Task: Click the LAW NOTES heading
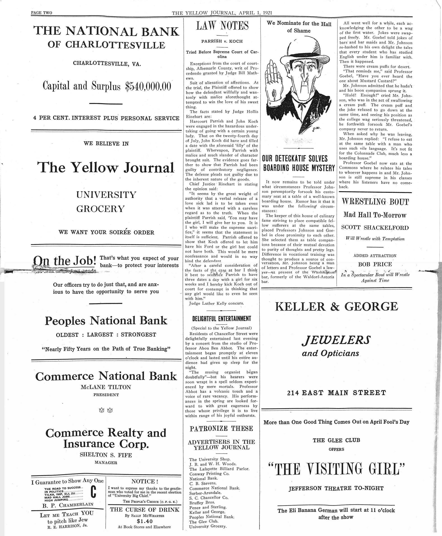[x=222, y=26]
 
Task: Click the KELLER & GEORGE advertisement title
[x=336, y=307]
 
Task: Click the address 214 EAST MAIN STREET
[x=336, y=393]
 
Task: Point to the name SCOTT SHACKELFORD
[x=375, y=228]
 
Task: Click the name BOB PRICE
[x=375, y=264]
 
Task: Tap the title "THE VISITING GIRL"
[x=336, y=469]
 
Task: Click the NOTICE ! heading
[x=144, y=481]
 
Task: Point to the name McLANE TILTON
[x=106, y=387]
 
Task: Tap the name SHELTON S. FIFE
[x=106, y=455]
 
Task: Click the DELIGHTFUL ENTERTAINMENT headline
[x=221, y=318]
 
